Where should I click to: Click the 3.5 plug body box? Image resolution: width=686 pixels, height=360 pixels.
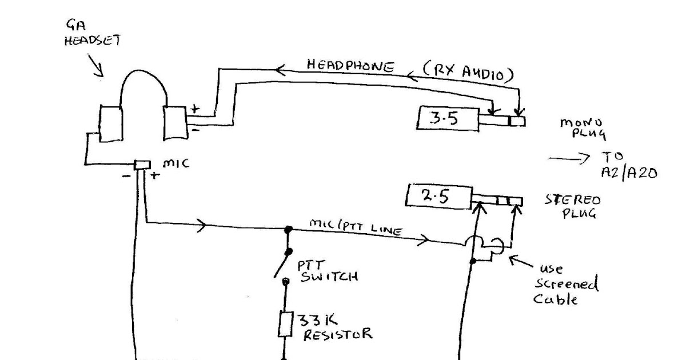(x=448, y=118)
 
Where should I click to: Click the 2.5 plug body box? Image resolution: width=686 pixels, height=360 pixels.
(x=439, y=196)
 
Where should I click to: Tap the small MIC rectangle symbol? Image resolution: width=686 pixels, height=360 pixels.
(x=142, y=165)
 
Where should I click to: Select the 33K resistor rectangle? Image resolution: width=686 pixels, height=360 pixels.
(x=286, y=325)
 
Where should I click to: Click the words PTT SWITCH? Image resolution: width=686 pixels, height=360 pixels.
(x=328, y=271)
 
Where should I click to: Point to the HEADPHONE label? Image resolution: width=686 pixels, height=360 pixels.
(x=350, y=66)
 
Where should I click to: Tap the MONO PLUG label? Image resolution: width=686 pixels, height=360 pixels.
(x=583, y=129)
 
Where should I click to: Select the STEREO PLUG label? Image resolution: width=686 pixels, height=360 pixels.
(x=573, y=206)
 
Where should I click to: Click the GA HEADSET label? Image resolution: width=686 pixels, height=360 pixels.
(x=93, y=33)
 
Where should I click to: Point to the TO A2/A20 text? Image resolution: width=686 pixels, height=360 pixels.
(x=629, y=166)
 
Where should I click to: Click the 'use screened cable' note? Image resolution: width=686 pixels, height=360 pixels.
(x=566, y=285)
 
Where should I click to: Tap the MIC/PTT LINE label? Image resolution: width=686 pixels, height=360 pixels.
(x=356, y=227)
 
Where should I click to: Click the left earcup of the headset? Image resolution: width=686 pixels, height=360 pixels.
(x=111, y=123)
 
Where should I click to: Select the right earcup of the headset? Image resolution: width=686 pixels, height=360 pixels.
(x=175, y=123)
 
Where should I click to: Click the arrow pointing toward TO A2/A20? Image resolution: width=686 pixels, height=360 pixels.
(x=569, y=159)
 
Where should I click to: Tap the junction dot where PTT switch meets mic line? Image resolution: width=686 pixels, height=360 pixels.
(x=288, y=229)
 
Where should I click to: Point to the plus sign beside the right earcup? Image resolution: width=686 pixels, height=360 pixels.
(x=195, y=109)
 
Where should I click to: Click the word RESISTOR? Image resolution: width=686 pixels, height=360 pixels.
(x=338, y=334)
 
